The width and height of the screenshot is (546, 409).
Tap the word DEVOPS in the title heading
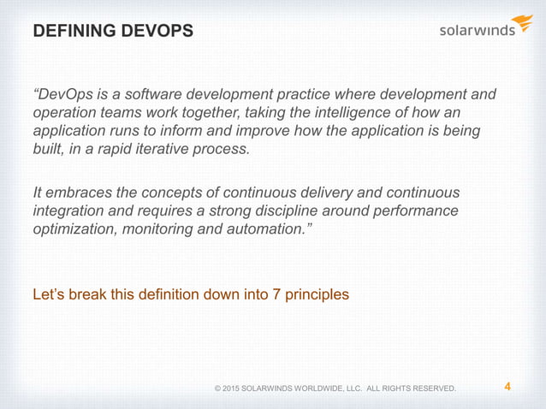tap(153, 32)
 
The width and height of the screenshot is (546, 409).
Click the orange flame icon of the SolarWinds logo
tap(521, 22)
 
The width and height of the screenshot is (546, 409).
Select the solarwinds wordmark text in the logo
tap(477, 30)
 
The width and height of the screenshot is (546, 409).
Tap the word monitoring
tap(159, 229)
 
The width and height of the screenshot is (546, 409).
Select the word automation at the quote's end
tap(275, 229)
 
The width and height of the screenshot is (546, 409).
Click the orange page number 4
tap(507, 387)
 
